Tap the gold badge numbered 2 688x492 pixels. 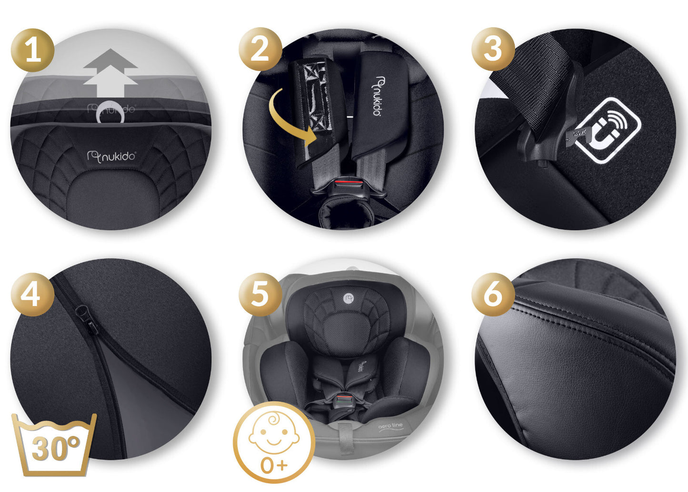tap(260, 50)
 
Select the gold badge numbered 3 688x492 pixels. tap(493, 50)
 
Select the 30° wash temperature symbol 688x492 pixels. tap(55, 445)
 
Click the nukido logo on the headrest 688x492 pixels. tap(111, 156)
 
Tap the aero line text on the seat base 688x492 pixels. tap(390, 426)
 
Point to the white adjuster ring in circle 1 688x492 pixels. tap(110, 113)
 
